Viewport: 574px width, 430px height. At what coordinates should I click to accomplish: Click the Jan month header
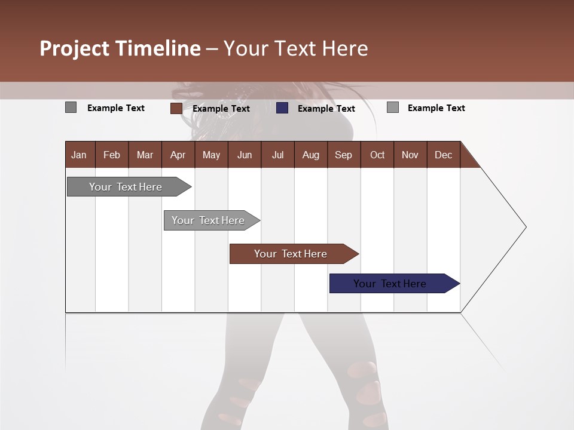[x=79, y=155]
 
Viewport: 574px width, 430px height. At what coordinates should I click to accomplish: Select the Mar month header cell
[x=145, y=155]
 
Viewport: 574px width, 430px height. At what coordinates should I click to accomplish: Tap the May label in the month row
[x=211, y=155]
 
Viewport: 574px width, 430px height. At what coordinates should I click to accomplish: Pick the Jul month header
[x=277, y=155]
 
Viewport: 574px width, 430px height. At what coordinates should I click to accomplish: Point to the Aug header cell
[x=310, y=155]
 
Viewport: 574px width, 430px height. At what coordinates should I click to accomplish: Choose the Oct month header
[x=377, y=155]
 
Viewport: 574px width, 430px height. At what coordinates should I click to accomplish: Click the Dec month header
[x=443, y=155]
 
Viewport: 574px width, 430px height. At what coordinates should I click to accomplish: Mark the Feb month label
[x=112, y=155]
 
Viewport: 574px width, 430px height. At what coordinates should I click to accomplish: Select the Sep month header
[x=343, y=155]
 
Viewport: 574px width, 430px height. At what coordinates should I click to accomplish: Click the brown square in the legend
[x=176, y=108]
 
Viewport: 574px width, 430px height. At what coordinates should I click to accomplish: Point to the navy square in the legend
[x=282, y=108]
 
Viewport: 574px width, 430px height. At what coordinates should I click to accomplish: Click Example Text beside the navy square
[x=326, y=109]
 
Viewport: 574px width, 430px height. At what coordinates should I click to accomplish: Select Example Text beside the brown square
[x=221, y=109]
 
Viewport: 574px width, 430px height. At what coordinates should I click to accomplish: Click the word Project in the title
[x=74, y=48]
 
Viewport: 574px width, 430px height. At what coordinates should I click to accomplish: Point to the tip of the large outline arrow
[x=525, y=227]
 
